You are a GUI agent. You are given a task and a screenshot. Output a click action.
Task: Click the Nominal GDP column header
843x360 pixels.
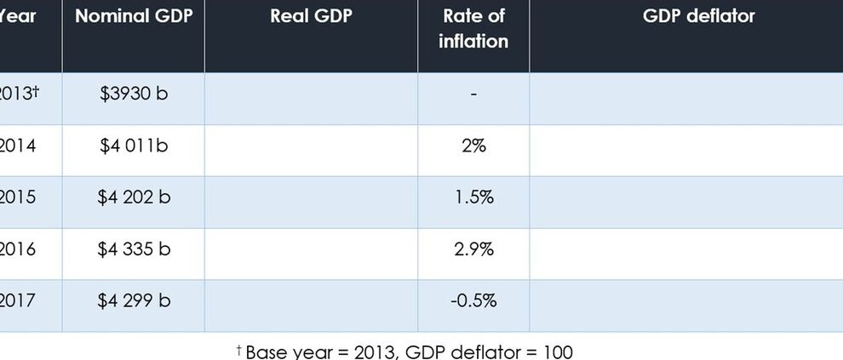133,16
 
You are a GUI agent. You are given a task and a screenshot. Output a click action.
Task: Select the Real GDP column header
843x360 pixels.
311,16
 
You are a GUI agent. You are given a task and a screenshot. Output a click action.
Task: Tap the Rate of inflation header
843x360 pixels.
473,28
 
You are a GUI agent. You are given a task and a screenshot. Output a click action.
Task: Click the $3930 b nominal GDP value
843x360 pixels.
134,94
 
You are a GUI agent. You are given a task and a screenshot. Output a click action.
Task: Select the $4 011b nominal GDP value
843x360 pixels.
134,146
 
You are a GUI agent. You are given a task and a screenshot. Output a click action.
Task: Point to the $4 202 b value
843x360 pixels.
134,197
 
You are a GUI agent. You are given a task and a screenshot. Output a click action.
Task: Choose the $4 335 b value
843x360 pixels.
134,249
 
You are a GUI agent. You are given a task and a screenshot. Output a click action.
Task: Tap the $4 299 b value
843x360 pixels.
134,300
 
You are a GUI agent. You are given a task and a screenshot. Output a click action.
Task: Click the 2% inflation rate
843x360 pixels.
473,146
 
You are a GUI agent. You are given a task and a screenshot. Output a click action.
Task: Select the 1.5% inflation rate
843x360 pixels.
473,197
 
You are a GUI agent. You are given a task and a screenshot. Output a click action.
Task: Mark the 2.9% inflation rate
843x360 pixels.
473,249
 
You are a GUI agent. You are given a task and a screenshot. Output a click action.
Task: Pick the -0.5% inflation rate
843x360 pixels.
473,300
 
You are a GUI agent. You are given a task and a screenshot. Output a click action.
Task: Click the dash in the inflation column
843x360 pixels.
473,94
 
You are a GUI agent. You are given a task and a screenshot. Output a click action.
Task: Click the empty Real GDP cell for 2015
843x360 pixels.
311,202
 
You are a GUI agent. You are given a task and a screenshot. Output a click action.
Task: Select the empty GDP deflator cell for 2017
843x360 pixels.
685,305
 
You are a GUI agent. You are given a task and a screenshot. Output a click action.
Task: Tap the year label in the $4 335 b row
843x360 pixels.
18,249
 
